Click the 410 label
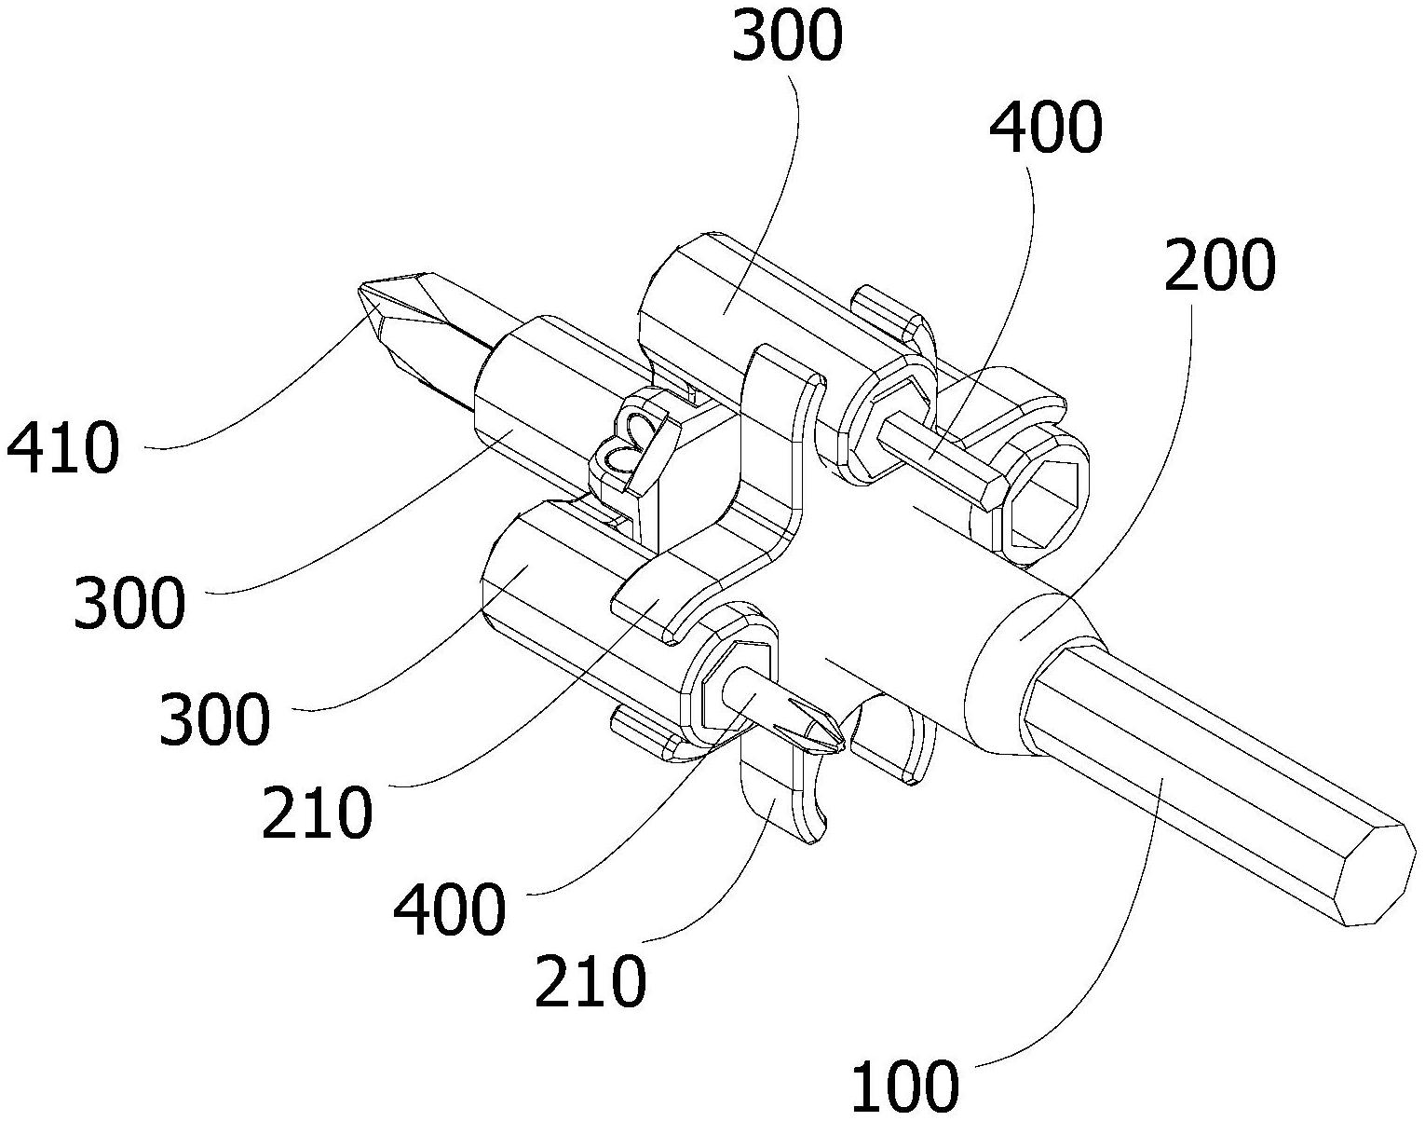[x=62, y=449]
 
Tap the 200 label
[x=1218, y=267]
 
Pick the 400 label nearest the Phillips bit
[x=450, y=909]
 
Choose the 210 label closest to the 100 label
[x=590, y=980]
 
